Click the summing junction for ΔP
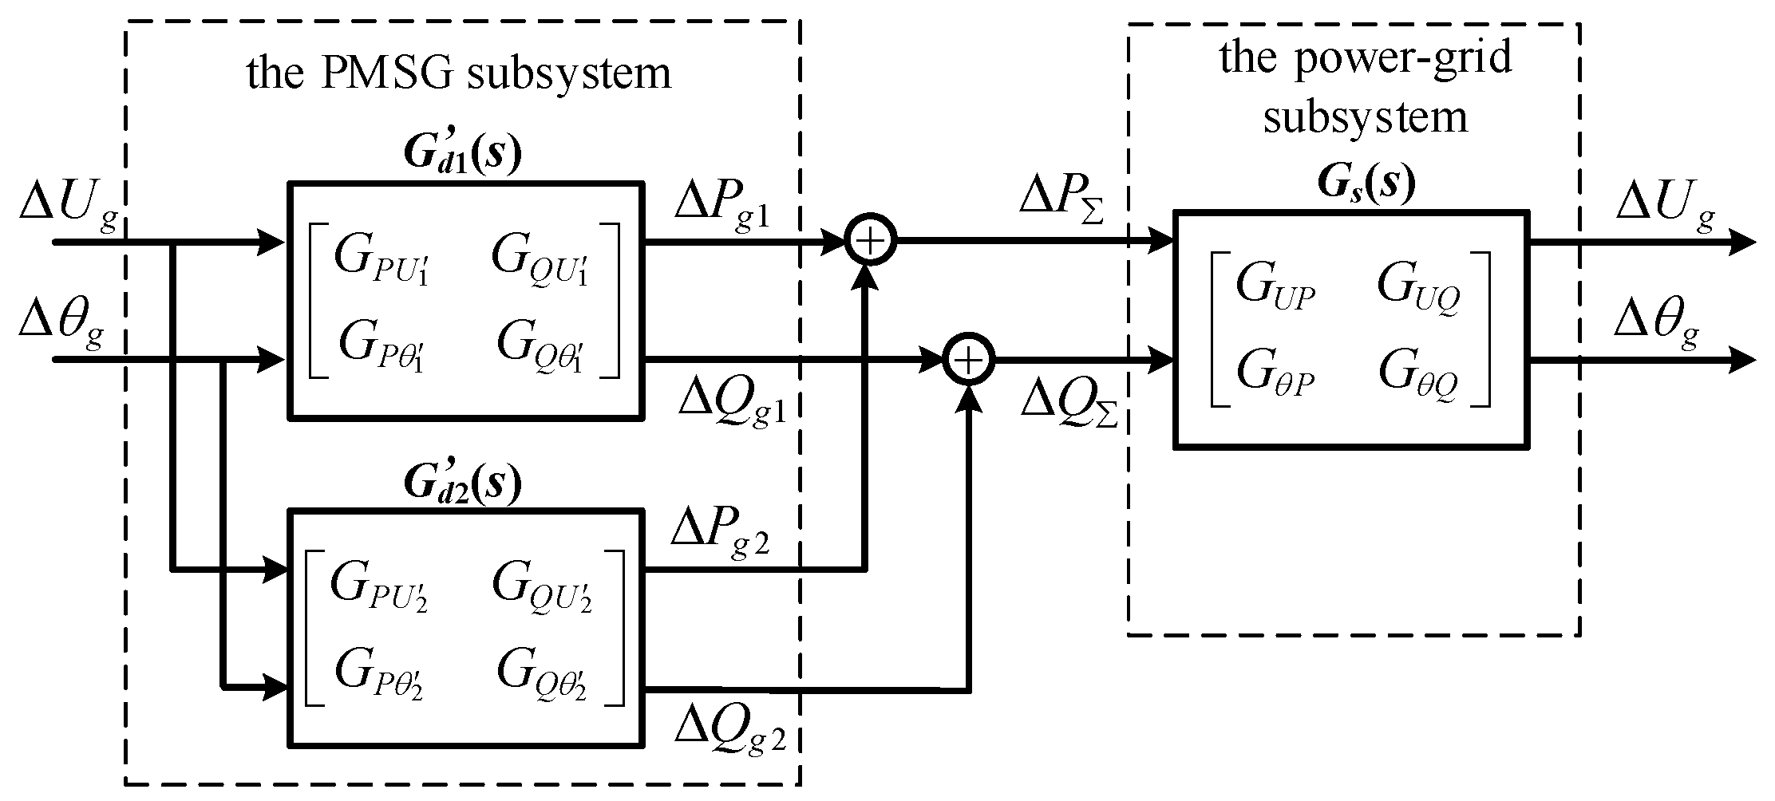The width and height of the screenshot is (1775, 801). pos(871,240)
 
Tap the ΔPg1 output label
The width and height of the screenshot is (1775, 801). pos(722,208)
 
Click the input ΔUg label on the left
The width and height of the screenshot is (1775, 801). pos(70,208)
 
